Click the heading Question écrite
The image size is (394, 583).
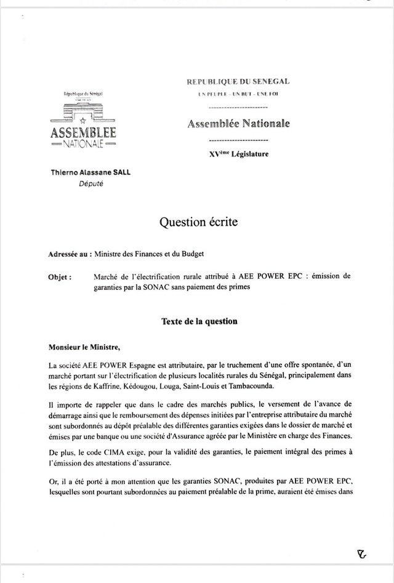click(198, 222)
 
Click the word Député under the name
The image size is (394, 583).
click(91, 183)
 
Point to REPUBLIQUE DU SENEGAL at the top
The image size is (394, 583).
click(238, 81)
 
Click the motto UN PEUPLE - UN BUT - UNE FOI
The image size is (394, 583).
click(238, 95)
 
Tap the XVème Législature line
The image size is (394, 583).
click(239, 154)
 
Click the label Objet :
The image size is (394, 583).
click(60, 276)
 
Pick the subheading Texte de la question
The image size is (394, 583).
click(199, 321)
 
